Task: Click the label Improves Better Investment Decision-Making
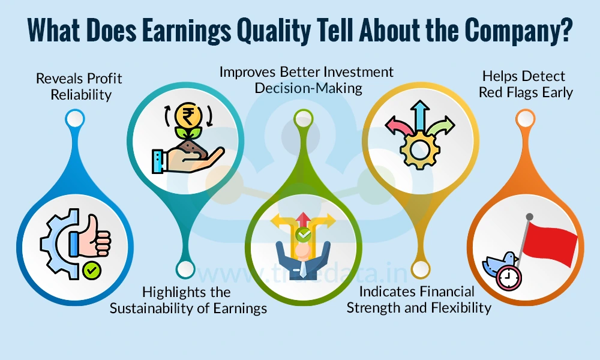coord(307,80)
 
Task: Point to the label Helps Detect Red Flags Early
coord(526,85)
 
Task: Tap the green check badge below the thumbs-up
coord(92,271)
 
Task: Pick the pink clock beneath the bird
coord(509,277)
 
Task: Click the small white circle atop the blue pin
coord(74,118)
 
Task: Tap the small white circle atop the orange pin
coord(526,118)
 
